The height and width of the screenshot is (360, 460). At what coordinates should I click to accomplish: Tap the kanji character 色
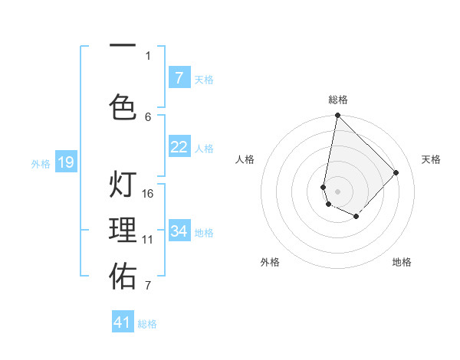(123, 106)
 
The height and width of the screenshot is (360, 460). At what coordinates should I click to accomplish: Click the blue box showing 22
(179, 147)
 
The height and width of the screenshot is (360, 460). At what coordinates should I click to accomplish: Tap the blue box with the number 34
(179, 231)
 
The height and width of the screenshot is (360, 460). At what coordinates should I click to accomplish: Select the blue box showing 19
(66, 162)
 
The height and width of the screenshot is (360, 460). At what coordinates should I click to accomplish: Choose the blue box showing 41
(123, 322)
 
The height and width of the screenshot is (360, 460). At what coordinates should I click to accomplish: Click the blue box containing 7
(179, 78)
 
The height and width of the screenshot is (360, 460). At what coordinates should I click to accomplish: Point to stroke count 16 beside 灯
(148, 193)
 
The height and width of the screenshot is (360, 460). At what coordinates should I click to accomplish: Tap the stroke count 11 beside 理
(148, 239)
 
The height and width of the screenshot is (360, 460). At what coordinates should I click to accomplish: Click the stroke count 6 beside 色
(148, 116)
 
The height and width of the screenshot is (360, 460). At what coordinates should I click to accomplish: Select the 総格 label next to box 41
(147, 324)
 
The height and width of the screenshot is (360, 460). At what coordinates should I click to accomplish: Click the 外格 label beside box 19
(41, 163)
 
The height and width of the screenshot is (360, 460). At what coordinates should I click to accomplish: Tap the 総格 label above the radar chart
(337, 100)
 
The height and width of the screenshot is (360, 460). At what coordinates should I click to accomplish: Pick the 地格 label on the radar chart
(402, 262)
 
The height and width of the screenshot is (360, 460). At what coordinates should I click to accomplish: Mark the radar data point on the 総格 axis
(337, 116)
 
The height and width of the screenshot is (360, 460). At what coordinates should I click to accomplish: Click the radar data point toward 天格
(396, 172)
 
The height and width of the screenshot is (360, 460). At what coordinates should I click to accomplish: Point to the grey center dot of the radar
(337, 191)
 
